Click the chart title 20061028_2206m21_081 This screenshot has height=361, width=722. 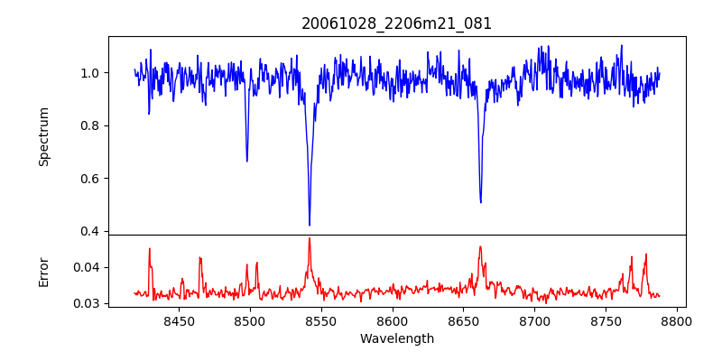click(397, 24)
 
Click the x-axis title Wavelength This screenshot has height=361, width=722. click(397, 338)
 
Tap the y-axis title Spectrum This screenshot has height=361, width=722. click(44, 136)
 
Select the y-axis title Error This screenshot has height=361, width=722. click(44, 271)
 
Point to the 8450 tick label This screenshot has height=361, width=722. click(179, 320)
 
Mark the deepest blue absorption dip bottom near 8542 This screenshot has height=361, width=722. click(310, 225)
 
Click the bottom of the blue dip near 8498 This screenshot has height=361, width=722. click(247, 161)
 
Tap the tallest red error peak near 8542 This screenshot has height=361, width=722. click(310, 238)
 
